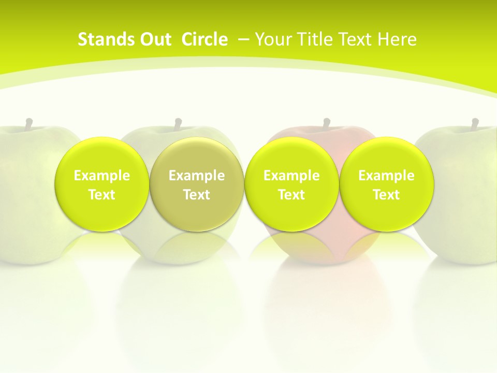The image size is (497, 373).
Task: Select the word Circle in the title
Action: (204, 39)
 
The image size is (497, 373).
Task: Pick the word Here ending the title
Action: (397, 39)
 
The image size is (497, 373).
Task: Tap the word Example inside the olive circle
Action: (197, 176)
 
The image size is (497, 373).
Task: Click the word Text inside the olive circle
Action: (197, 195)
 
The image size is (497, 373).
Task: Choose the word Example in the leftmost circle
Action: (102, 176)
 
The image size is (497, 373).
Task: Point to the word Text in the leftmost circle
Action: (102, 195)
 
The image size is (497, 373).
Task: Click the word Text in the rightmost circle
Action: (386, 195)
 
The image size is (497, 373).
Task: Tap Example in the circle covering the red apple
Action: (291, 176)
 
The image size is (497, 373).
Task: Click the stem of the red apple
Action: (327, 124)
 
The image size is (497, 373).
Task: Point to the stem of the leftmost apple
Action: (29, 124)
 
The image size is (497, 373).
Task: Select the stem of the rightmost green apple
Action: (475, 124)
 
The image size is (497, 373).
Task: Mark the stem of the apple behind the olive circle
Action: (178, 124)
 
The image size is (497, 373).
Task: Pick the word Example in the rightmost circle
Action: (386, 176)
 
